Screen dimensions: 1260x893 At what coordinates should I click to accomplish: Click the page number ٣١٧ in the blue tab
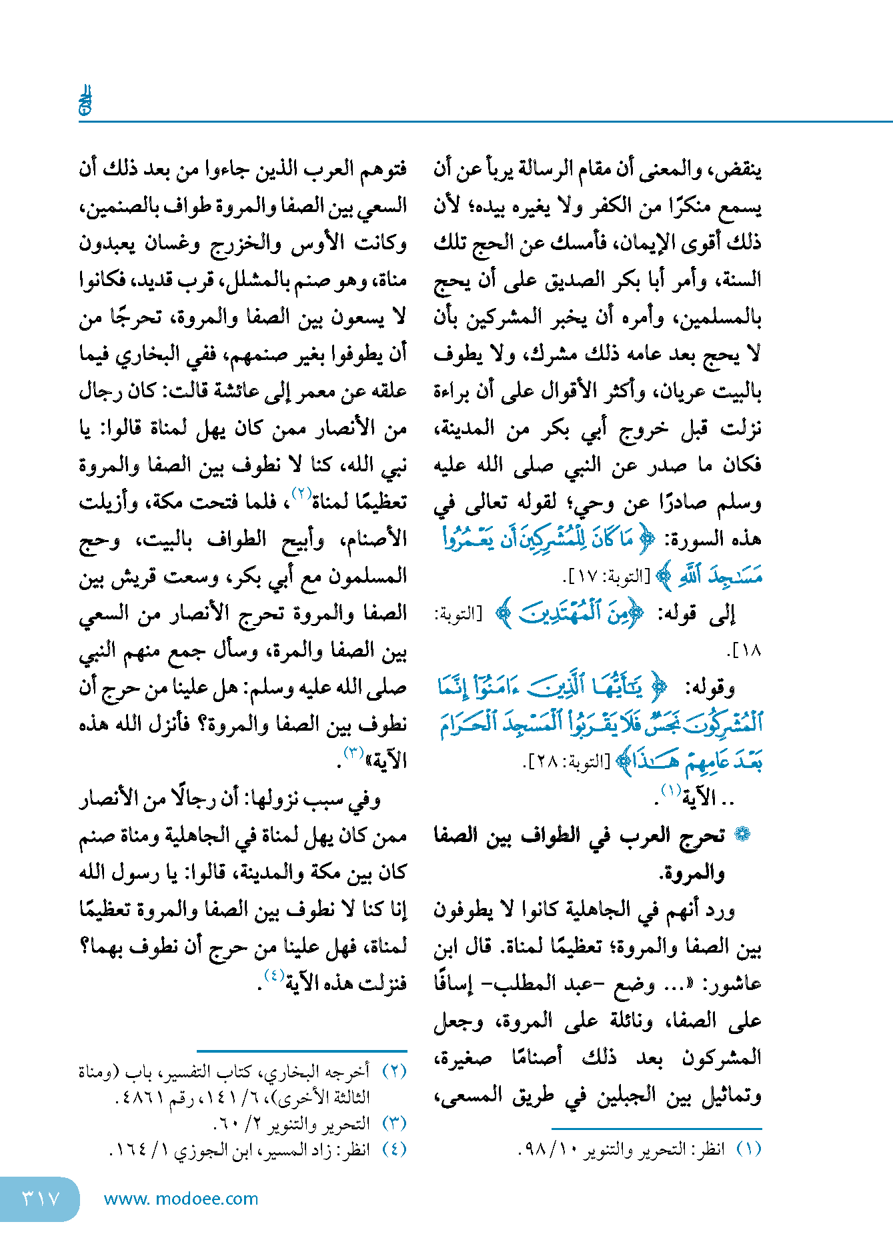point(41,1199)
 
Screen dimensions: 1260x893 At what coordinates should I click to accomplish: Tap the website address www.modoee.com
point(181,1199)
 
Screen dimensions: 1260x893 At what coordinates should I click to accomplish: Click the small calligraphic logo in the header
point(85,101)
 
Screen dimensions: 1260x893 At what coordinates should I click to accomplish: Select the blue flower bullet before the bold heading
point(742,835)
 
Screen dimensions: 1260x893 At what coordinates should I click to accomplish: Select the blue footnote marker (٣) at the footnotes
point(394,1124)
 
